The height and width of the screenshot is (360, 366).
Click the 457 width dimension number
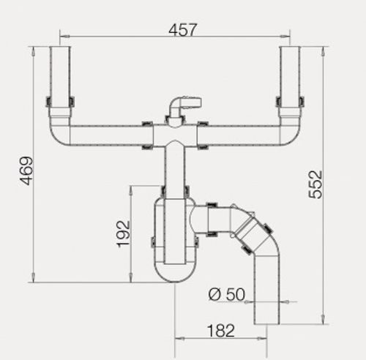click(x=182, y=29)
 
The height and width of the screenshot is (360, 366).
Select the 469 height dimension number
click(x=26, y=170)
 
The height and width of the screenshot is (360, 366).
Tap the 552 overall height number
click(x=315, y=184)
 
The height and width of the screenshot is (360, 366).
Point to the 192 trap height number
click(x=123, y=234)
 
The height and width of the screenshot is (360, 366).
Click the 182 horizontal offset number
click(x=221, y=331)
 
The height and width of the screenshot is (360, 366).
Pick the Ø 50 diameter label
click(x=227, y=294)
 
